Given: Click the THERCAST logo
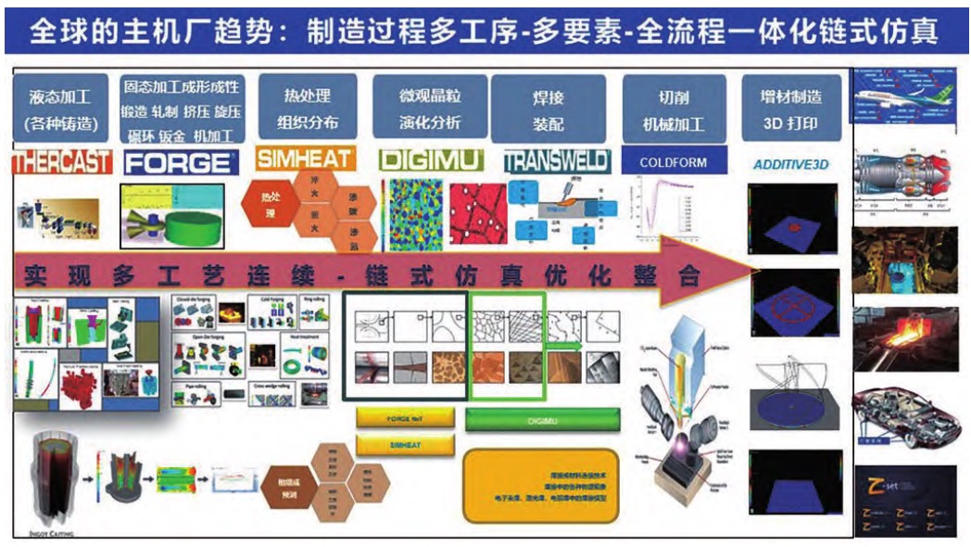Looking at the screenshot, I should tap(62, 162).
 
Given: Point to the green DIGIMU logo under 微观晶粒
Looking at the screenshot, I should tap(431, 160).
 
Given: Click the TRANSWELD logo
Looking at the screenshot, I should tap(556, 161).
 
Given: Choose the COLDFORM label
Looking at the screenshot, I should tap(673, 162).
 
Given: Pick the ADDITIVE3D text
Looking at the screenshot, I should tap(794, 164).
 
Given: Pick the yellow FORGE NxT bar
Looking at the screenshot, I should tap(406, 418).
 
